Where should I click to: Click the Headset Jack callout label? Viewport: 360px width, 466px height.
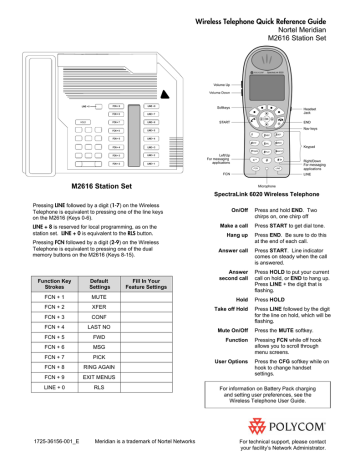[335, 110]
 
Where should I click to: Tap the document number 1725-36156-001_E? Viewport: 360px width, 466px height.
[38, 440]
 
